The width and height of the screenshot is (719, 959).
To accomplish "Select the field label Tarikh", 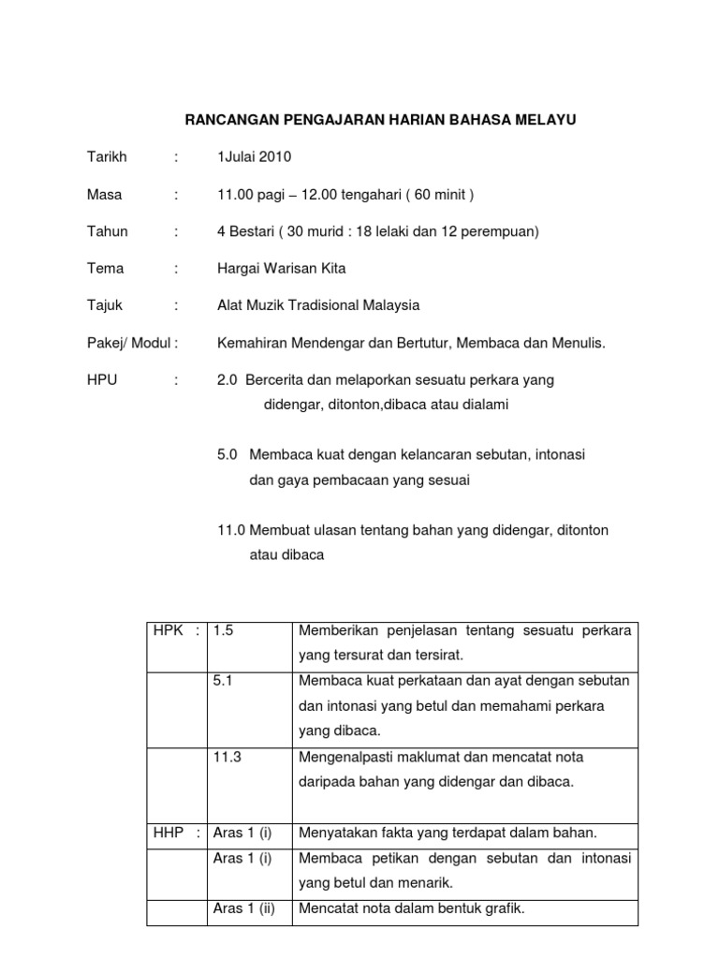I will click(x=107, y=156).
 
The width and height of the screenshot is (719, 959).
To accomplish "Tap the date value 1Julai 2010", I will click(x=254, y=156).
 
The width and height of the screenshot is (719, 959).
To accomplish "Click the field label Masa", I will click(x=104, y=195).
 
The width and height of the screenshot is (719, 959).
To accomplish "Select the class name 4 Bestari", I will click(x=244, y=231).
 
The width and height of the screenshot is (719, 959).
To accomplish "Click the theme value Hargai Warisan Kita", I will click(x=281, y=269).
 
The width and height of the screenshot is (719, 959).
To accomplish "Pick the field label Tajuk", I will click(x=104, y=305).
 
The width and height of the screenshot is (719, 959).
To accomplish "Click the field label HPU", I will click(x=102, y=380).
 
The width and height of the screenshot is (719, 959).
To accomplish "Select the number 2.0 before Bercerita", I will click(x=227, y=380).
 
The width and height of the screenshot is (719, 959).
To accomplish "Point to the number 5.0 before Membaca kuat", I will click(x=227, y=454).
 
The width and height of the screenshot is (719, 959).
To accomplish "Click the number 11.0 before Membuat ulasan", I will click(x=230, y=530).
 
